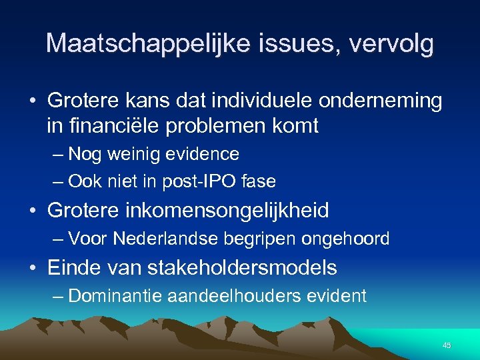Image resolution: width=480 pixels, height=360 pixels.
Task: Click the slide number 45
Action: click(x=447, y=345)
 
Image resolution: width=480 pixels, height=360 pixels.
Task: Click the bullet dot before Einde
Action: click(x=33, y=269)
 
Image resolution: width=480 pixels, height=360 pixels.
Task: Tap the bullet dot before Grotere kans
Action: click(x=33, y=101)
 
